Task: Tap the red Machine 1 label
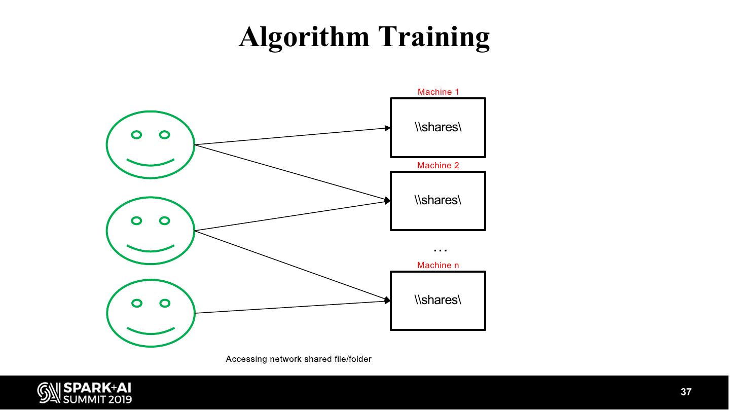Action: click(x=438, y=92)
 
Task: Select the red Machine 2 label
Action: click(x=438, y=165)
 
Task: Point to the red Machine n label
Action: click(x=438, y=265)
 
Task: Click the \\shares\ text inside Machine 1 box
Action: click(x=438, y=127)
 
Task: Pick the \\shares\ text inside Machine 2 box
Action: click(x=438, y=200)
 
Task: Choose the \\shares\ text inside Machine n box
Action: click(x=438, y=300)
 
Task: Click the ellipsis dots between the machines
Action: click(x=440, y=249)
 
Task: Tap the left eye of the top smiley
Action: click(x=136, y=135)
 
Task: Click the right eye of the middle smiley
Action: click(x=164, y=220)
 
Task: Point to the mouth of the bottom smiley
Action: click(x=151, y=332)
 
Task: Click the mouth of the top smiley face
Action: click(x=151, y=163)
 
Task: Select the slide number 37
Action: click(x=686, y=392)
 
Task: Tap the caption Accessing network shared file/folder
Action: click(x=299, y=359)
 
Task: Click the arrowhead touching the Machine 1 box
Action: click(x=388, y=128)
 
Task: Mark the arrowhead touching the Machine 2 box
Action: click(x=388, y=201)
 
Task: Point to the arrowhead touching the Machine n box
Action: click(x=388, y=301)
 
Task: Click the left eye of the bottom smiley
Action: click(x=136, y=303)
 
